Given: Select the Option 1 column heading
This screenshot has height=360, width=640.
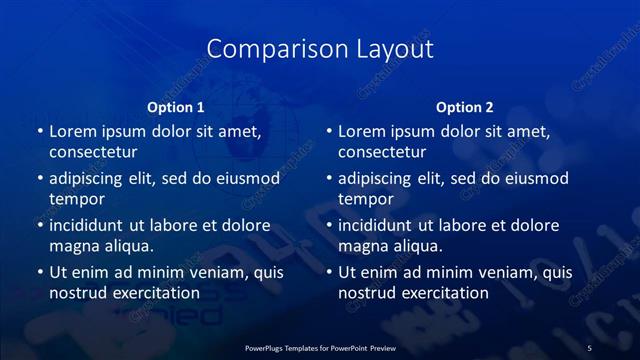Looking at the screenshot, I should coord(176,107).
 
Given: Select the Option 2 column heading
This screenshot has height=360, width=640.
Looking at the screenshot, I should coord(465,107).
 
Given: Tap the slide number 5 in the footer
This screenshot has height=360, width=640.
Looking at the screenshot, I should coord(589,347).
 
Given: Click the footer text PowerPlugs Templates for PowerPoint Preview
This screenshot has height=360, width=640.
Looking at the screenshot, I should coord(320,347).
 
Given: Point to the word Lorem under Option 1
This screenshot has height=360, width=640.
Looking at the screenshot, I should coord(73,131).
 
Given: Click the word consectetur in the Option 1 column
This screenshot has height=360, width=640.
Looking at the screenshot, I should coord(92,153).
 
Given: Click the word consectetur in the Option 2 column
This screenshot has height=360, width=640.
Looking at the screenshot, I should coord(381,153).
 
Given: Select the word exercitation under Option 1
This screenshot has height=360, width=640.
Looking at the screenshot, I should coord(157,293).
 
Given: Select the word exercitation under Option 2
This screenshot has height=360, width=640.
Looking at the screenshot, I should coord(446,293).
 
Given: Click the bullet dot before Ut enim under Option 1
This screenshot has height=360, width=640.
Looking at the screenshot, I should coord(39,272).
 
